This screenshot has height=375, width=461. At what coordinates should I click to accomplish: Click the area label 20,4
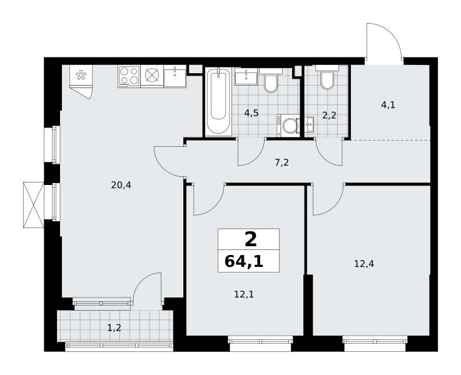[x=121, y=185]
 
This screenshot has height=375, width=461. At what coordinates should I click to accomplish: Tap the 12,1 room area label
[x=244, y=294]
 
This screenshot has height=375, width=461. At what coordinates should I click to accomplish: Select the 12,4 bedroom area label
[x=364, y=264]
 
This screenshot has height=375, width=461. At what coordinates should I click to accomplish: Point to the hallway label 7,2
[x=282, y=162]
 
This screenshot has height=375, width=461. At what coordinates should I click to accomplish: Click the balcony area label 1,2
[x=114, y=327]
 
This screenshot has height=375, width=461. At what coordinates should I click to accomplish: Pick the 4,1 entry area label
[x=388, y=105]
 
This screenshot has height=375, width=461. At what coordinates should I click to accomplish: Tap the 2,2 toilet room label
[x=329, y=116]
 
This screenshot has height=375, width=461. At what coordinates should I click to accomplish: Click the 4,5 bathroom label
[x=251, y=112]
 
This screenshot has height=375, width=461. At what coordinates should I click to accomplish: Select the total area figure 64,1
[x=244, y=261]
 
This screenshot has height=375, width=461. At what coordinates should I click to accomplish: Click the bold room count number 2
[x=250, y=239]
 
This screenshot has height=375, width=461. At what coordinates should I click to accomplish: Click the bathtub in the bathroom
[x=218, y=102]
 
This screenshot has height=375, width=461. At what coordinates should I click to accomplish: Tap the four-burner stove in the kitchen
[x=129, y=76]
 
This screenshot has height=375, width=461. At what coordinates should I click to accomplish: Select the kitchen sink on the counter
[x=175, y=76]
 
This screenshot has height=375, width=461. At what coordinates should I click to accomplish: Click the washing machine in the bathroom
[x=288, y=126]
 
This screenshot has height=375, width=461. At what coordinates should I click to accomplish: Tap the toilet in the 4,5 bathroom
[x=270, y=81]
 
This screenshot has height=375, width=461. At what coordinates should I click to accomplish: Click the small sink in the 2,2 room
[x=309, y=125]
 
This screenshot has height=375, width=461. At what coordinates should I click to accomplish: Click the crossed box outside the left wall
[x=34, y=204]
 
